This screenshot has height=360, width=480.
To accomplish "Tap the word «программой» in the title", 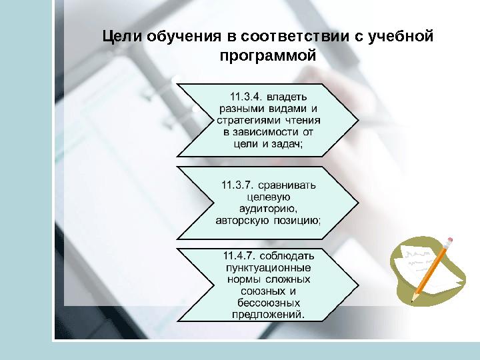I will [267, 56].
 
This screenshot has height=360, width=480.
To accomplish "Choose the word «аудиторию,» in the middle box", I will [267, 208].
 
